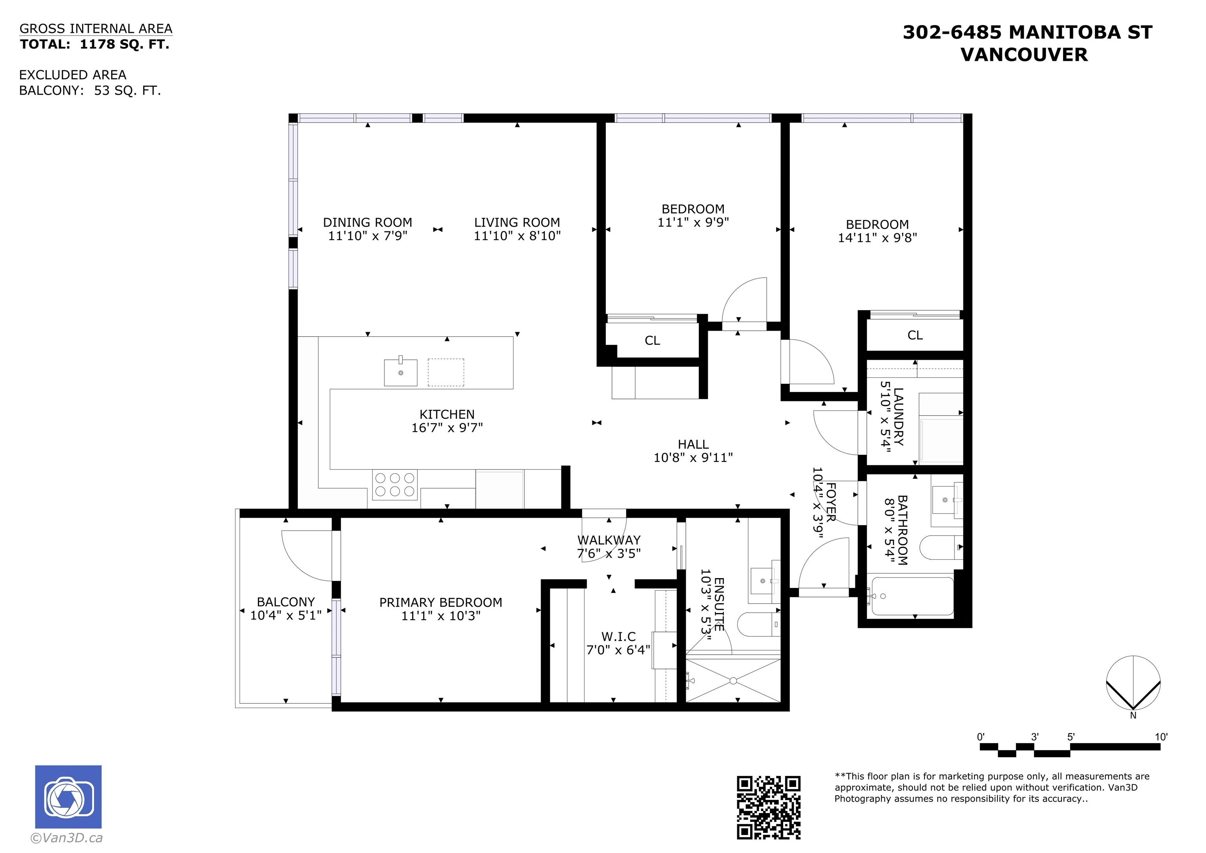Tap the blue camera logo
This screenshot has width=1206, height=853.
tap(68, 797)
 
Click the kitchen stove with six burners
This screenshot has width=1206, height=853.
tap(395, 485)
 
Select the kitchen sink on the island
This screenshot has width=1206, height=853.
tap(401, 372)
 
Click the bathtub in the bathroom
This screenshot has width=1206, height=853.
tap(912, 597)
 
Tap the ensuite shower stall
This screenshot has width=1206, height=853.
tap(733, 681)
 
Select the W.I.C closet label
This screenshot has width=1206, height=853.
tap(618, 637)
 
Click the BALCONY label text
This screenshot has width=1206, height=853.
tap(286, 602)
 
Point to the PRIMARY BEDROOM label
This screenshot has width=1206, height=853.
tap(441, 602)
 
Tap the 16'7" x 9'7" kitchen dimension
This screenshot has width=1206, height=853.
tap(447, 428)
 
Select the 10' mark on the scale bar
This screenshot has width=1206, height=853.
tap(1161, 737)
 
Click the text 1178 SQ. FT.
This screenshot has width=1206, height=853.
tap(124, 44)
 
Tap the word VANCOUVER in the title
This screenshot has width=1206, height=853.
tap(1024, 55)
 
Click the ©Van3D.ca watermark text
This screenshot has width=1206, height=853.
tap(67, 838)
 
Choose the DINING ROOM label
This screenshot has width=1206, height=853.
tap(368, 222)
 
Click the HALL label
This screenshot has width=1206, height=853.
tap(693, 445)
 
